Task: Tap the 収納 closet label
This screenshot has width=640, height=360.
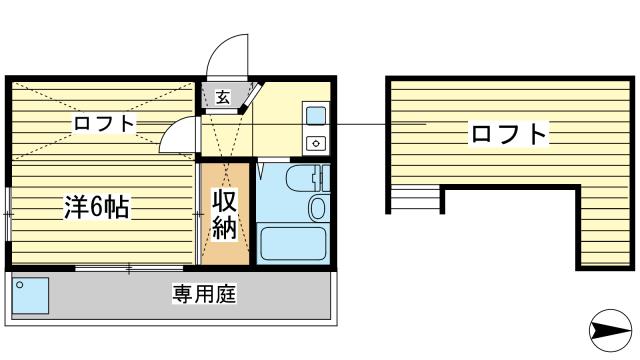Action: [225, 213]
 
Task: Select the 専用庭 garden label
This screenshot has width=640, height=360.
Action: [203, 295]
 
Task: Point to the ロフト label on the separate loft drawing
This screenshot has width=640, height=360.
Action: [509, 133]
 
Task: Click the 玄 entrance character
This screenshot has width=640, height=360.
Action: [221, 98]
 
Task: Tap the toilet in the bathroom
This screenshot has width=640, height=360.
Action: [318, 206]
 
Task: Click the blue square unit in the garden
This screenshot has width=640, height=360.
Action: [30, 297]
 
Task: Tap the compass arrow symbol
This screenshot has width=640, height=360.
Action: [609, 328]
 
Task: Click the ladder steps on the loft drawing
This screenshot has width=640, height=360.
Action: [416, 200]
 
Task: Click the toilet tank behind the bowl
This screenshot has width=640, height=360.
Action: [319, 180]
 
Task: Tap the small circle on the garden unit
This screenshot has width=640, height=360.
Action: [18, 284]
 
